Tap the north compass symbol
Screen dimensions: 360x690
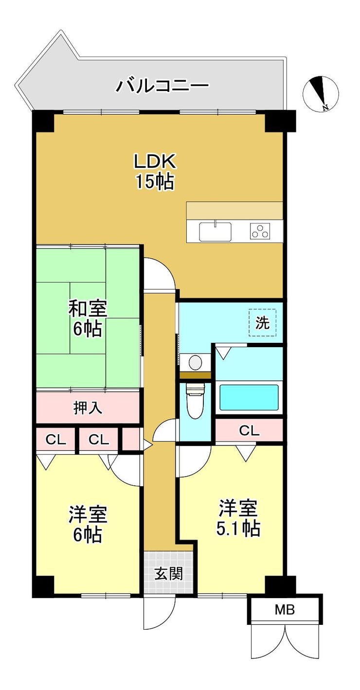point(321,94)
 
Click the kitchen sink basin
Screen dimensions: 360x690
point(215,231)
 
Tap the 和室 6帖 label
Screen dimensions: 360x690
point(88,319)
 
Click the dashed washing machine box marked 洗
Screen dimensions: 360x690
point(263,322)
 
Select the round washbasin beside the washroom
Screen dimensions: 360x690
point(195,363)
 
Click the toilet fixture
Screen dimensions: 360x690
point(195,399)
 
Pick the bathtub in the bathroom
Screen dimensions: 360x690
point(249,397)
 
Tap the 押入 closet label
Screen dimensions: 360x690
point(88,408)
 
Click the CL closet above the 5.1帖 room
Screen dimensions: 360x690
point(249,431)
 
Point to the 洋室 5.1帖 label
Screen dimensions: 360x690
point(238,518)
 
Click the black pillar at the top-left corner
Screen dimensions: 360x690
point(43,121)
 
